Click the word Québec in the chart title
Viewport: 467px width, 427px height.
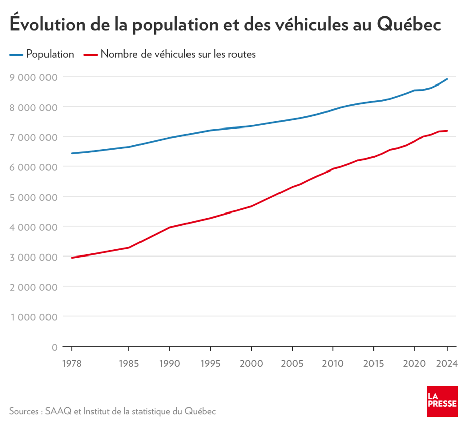click(x=408, y=24)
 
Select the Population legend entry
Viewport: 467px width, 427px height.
click(x=41, y=54)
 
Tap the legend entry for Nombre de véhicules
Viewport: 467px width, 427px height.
click(x=169, y=54)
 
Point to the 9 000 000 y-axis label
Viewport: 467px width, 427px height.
click(x=33, y=77)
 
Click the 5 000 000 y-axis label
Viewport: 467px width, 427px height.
click(x=33, y=197)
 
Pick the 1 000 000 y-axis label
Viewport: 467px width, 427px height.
click(x=34, y=317)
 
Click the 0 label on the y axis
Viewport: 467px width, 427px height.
click(x=54, y=347)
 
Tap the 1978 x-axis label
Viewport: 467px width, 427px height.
click(x=72, y=363)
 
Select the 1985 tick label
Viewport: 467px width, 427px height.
click(x=129, y=363)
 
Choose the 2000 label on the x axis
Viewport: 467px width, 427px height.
click(x=251, y=363)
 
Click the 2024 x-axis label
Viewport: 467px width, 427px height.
click(x=447, y=363)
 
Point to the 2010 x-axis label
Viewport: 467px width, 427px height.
click(x=333, y=363)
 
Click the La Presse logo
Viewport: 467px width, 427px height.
click(x=442, y=401)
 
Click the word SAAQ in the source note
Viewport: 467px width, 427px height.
click(x=59, y=411)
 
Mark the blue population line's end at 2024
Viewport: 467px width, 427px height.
click(x=447, y=79)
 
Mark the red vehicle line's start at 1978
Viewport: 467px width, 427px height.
click(x=72, y=258)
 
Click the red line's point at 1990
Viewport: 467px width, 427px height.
click(x=170, y=227)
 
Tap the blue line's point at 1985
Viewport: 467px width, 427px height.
click(x=129, y=147)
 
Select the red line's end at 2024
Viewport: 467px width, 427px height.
click(x=447, y=131)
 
